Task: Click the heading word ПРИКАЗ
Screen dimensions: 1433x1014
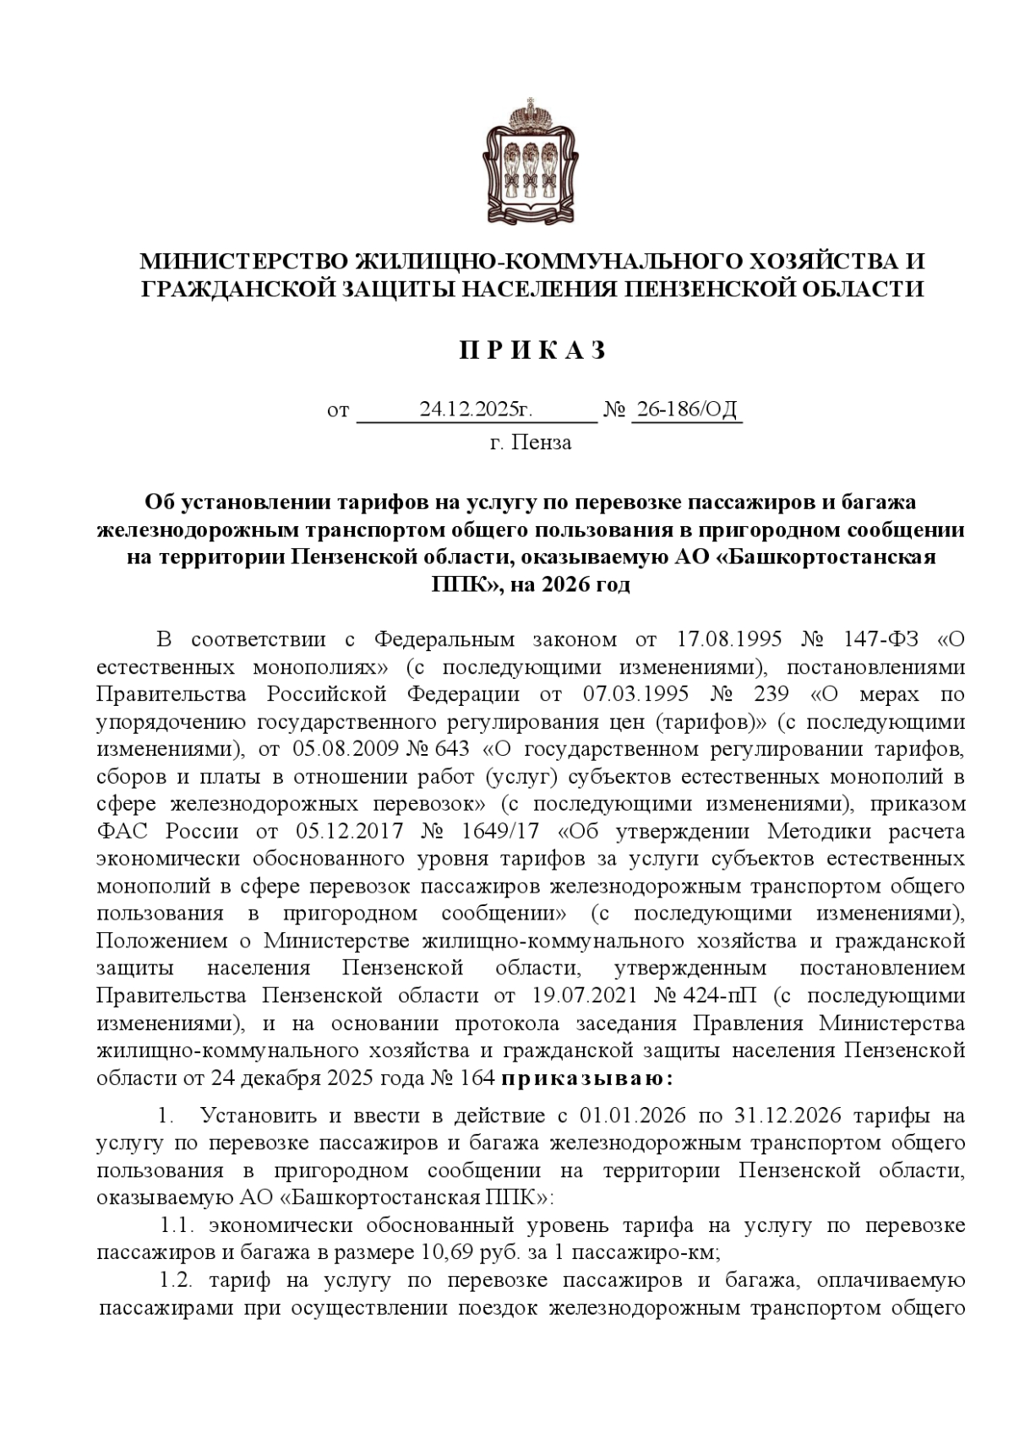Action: pyautogui.click(x=532, y=350)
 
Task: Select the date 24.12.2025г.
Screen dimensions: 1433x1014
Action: pyautogui.click(x=476, y=410)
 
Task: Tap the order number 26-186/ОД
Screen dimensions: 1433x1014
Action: pyautogui.click(x=687, y=410)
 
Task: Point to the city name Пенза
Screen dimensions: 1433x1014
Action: pyautogui.click(x=542, y=442)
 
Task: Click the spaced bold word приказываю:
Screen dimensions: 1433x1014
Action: pyautogui.click(x=587, y=1078)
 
